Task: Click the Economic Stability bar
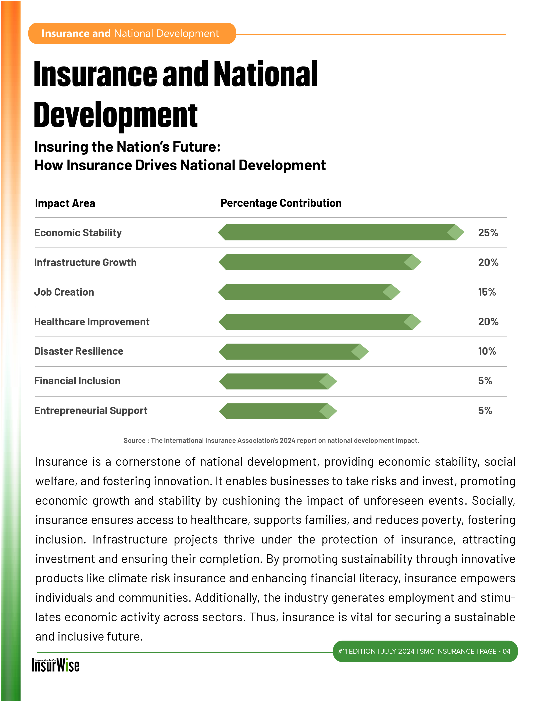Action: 341,232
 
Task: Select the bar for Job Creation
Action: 308,292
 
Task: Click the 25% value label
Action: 488,233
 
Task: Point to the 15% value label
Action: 487,292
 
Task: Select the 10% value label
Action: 487,351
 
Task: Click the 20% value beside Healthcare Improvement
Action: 488,322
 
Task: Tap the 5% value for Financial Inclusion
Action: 485,381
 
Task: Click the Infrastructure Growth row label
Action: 85,263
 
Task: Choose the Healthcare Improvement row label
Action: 92,322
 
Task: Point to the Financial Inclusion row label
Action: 77,381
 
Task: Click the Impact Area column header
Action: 65,203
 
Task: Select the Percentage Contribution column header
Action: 281,203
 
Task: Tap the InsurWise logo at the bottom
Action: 55,665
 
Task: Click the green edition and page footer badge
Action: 425,651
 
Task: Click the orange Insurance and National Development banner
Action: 132,33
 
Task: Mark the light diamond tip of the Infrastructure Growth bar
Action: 412,262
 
